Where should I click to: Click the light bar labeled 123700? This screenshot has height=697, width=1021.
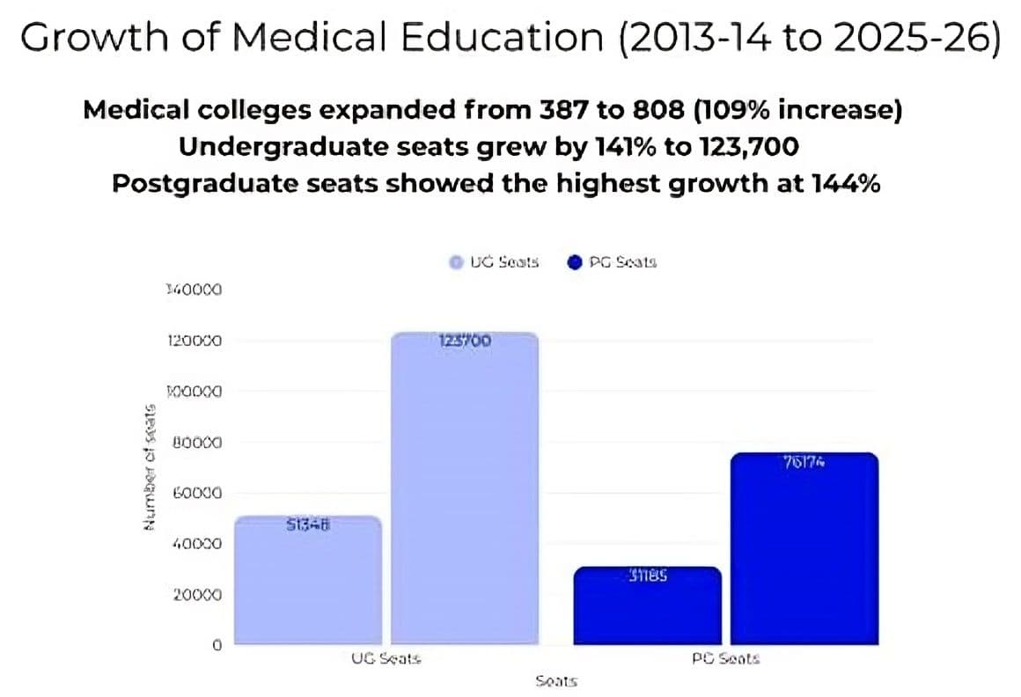pyautogui.click(x=463, y=493)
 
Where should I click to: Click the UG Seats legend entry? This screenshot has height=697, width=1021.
pyautogui.click(x=494, y=261)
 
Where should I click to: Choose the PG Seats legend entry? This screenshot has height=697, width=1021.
pyautogui.click(x=613, y=261)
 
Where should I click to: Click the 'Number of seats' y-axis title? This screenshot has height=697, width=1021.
pyautogui.click(x=151, y=466)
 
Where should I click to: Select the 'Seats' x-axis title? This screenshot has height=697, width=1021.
pyautogui.click(x=555, y=680)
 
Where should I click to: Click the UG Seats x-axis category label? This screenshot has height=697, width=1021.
pyautogui.click(x=386, y=658)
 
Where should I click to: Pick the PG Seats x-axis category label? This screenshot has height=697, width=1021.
pyautogui.click(x=725, y=658)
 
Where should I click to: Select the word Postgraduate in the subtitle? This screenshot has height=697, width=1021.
pyautogui.click(x=197, y=184)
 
